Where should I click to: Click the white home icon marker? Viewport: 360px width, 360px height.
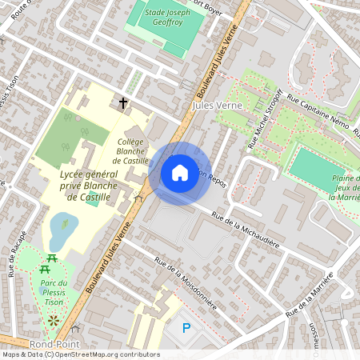180,173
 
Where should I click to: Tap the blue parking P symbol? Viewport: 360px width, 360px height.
186,327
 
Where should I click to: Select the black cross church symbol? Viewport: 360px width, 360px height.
123,103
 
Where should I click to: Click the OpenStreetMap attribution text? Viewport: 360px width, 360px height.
80,354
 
